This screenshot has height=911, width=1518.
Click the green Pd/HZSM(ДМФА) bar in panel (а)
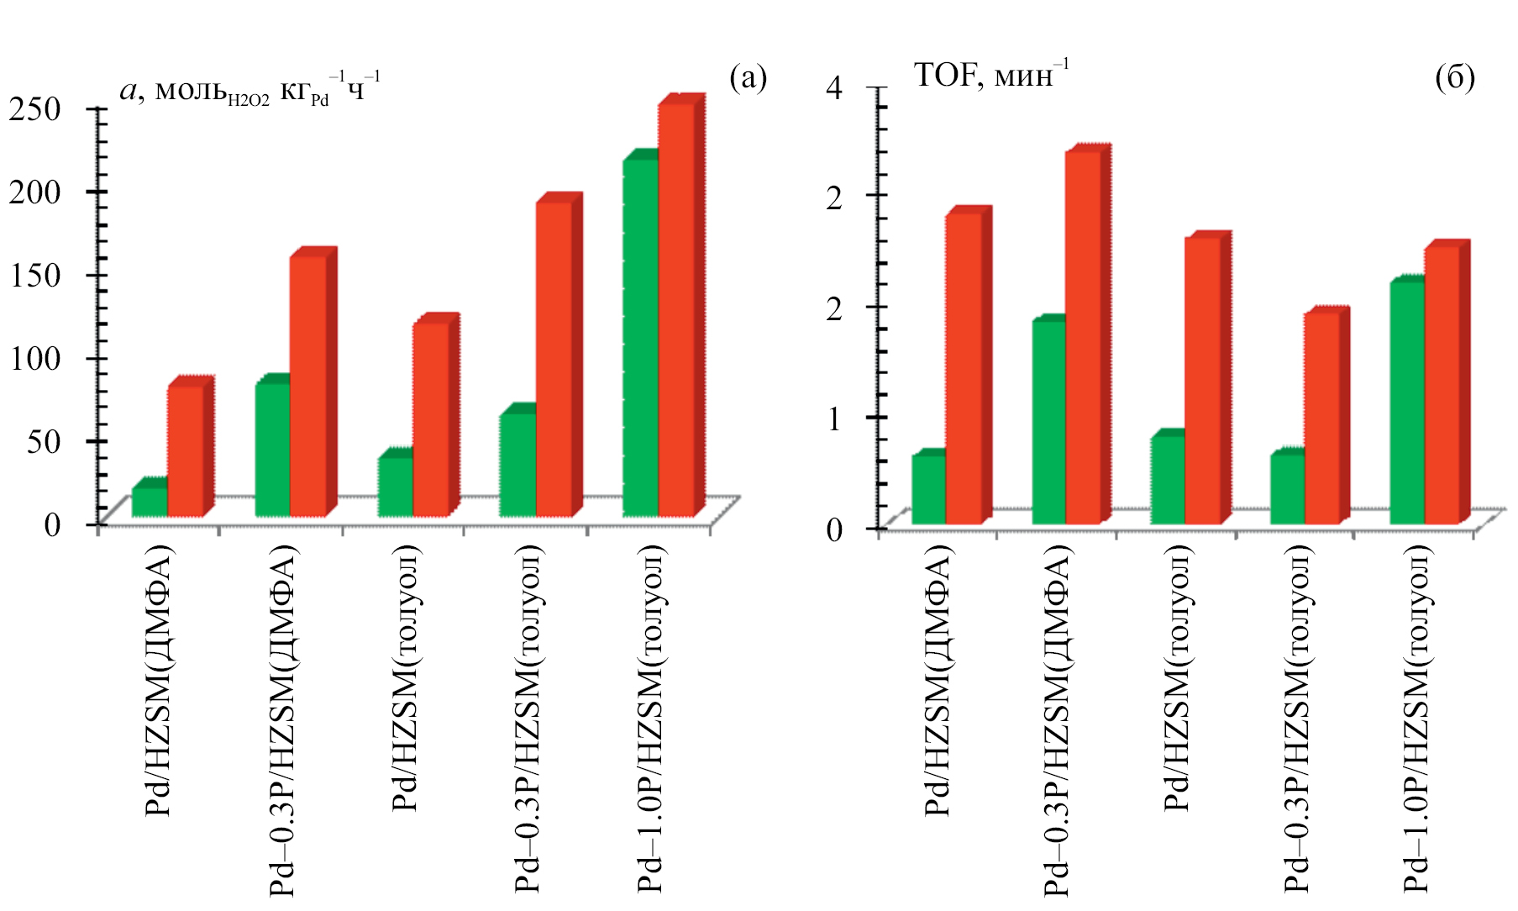point(150,502)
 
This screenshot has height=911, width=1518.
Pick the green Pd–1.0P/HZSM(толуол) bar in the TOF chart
point(1407,403)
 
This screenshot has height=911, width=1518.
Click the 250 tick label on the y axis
point(35,109)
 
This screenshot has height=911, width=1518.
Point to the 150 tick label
point(35,276)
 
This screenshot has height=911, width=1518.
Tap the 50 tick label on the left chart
point(44,441)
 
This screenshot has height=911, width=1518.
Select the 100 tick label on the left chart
point(35,359)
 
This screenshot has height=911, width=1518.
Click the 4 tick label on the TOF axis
point(833,87)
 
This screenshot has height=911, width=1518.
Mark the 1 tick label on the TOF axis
point(833,419)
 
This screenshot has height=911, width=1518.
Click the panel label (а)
point(748,78)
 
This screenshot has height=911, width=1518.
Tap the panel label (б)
point(1455,78)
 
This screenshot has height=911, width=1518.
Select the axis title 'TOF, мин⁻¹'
point(991,75)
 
